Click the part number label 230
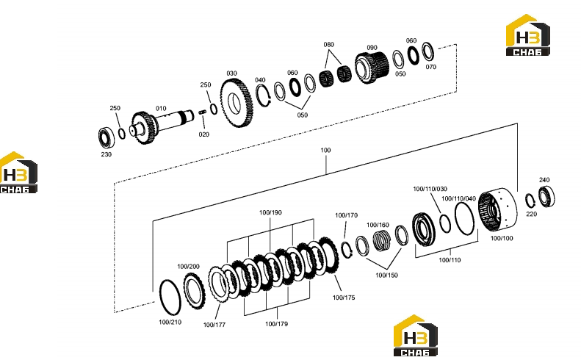[107, 154]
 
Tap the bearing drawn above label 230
[107, 137]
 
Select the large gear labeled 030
[236, 103]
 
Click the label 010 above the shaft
[161, 108]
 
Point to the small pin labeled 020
[202, 112]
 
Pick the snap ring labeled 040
[263, 96]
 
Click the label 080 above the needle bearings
[328, 45]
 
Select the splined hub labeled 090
[372, 68]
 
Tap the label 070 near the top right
[431, 67]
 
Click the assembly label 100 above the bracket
[325, 150]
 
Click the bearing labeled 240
[546, 196]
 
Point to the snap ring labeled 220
[530, 201]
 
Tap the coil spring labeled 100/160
[382, 241]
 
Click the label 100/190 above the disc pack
[270, 212]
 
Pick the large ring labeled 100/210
[170, 298]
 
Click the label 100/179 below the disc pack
[276, 324]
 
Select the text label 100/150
[386, 275]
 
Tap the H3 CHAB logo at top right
[527, 35]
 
